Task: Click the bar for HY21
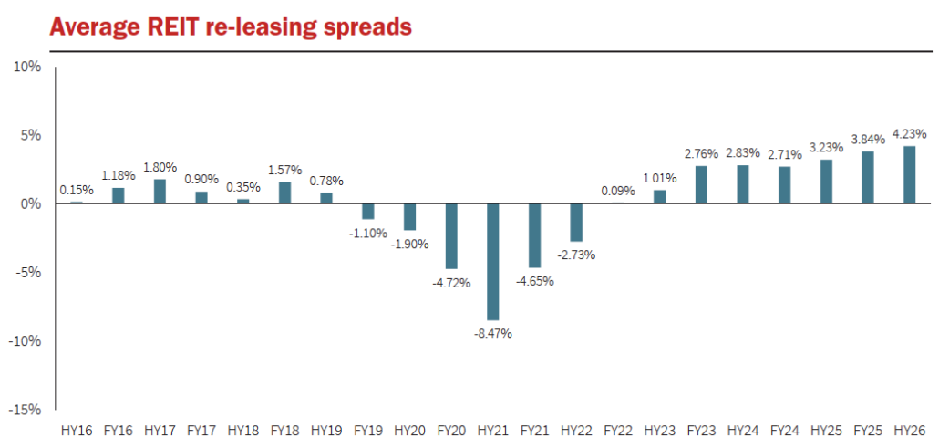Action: (x=493, y=261)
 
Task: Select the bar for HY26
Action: (x=908, y=174)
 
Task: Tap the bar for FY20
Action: (x=451, y=235)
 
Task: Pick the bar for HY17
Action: (x=160, y=191)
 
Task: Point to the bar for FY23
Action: (x=700, y=184)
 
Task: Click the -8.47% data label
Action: (x=493, y=333)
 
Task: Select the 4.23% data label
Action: (x=908, y=134)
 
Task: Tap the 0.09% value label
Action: (x=617, y=191)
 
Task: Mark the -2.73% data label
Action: (x=576, y=255)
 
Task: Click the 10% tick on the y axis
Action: (x=26, y=67)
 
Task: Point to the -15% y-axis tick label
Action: (x=24, y=410)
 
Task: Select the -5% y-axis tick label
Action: (x=27, y=272)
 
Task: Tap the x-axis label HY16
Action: (x=77, y=429)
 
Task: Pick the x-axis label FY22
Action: (x=617, y=429)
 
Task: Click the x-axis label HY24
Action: (x=742, y=429)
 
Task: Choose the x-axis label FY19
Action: (x=367, y=429)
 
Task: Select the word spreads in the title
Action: (x=366, y=29)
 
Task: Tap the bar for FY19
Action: (x=367, y=211)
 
